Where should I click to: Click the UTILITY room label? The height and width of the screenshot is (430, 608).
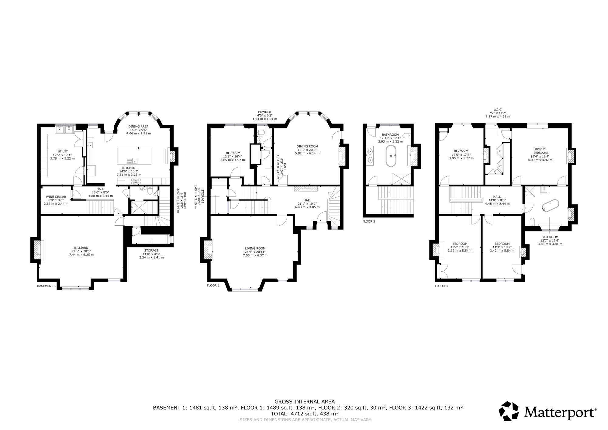(63, 151)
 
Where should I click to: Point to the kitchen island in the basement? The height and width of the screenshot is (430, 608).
(134, 156)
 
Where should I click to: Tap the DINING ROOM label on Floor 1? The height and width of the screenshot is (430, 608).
(307, 146)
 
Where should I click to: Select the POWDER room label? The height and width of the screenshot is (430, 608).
(264, 112)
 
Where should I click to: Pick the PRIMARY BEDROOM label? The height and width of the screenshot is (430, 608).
(540, 151)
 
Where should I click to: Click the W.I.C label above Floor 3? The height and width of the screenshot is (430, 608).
(497, 109)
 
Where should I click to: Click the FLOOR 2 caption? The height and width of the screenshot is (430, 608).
(369, 221)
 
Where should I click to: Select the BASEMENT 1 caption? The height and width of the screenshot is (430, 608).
(47, 286)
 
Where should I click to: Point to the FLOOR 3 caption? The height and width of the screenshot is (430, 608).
(441, 286)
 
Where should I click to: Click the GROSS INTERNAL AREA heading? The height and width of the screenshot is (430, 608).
(305, 402)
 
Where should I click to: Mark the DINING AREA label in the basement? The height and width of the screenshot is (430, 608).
(138, 126)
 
